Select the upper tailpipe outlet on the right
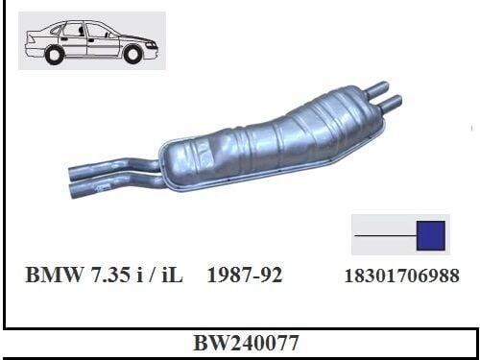[382, 85]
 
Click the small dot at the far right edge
[473, 126]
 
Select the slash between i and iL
[164, 276]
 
